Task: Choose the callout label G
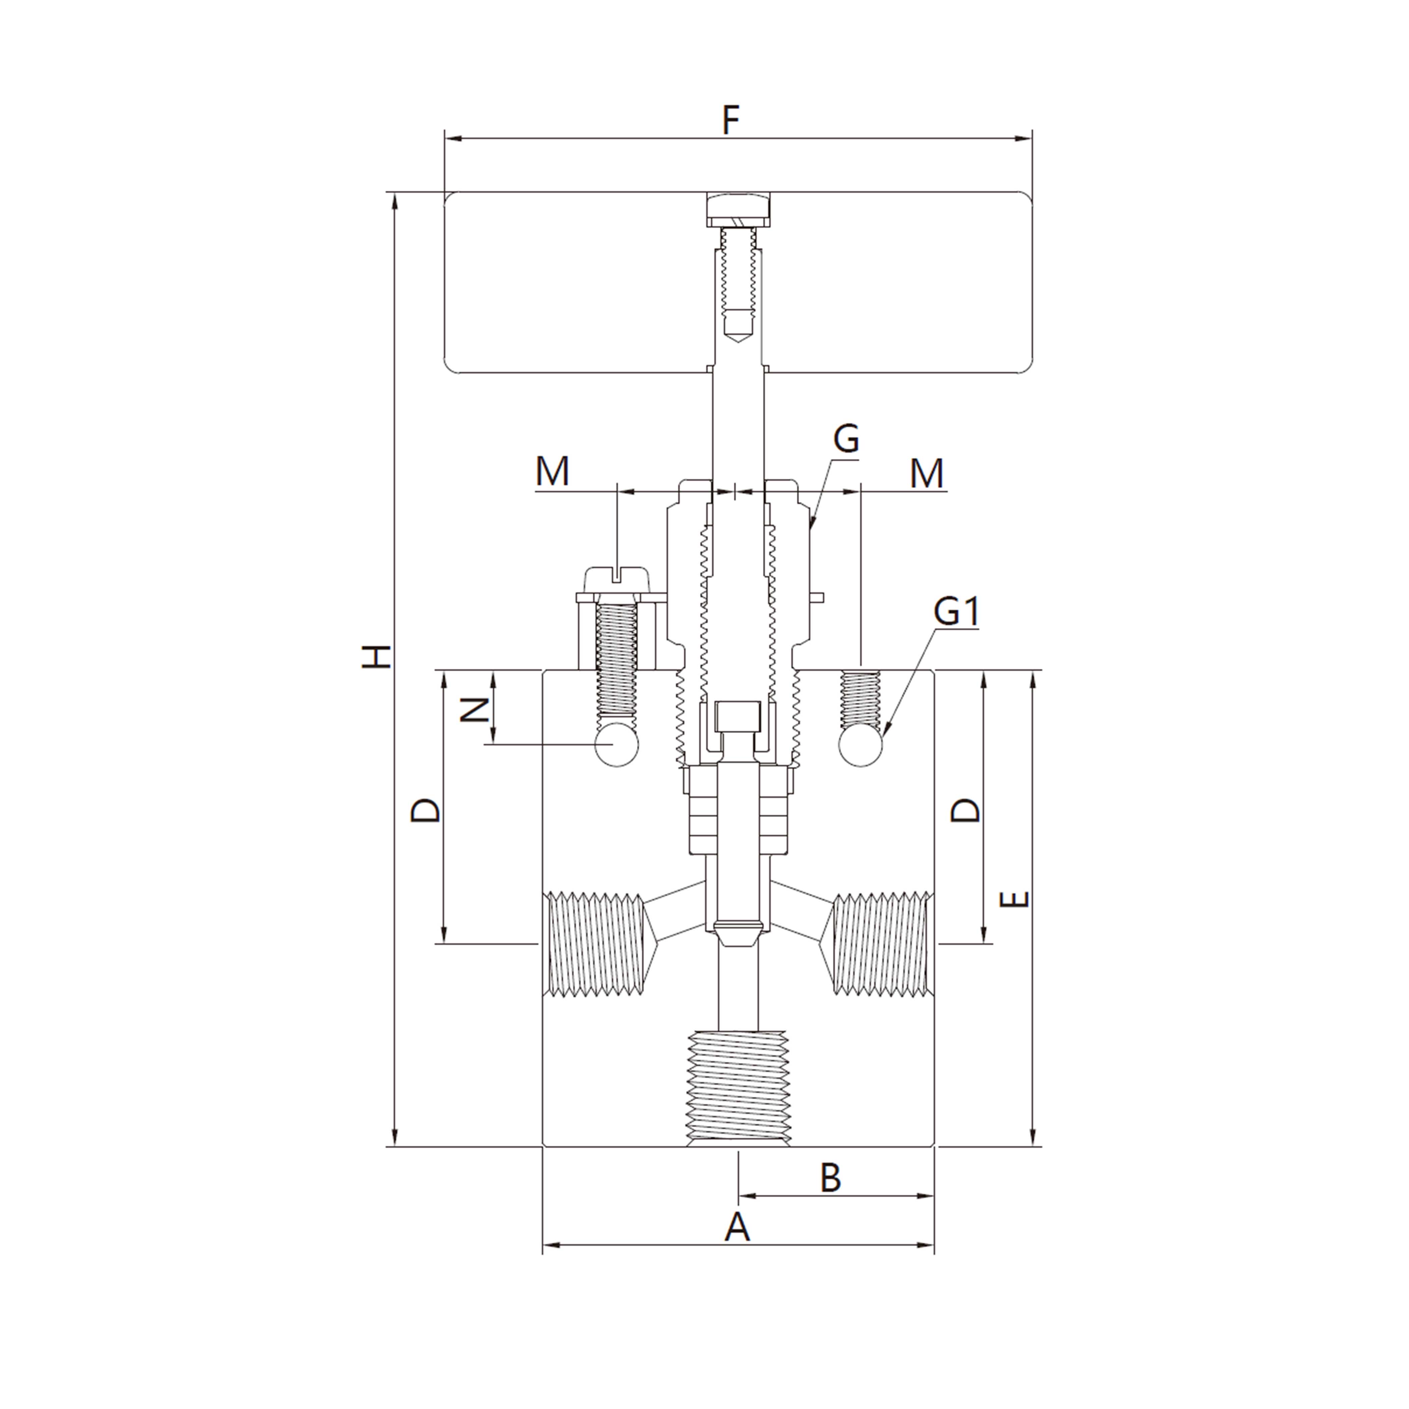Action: point(847,440)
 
